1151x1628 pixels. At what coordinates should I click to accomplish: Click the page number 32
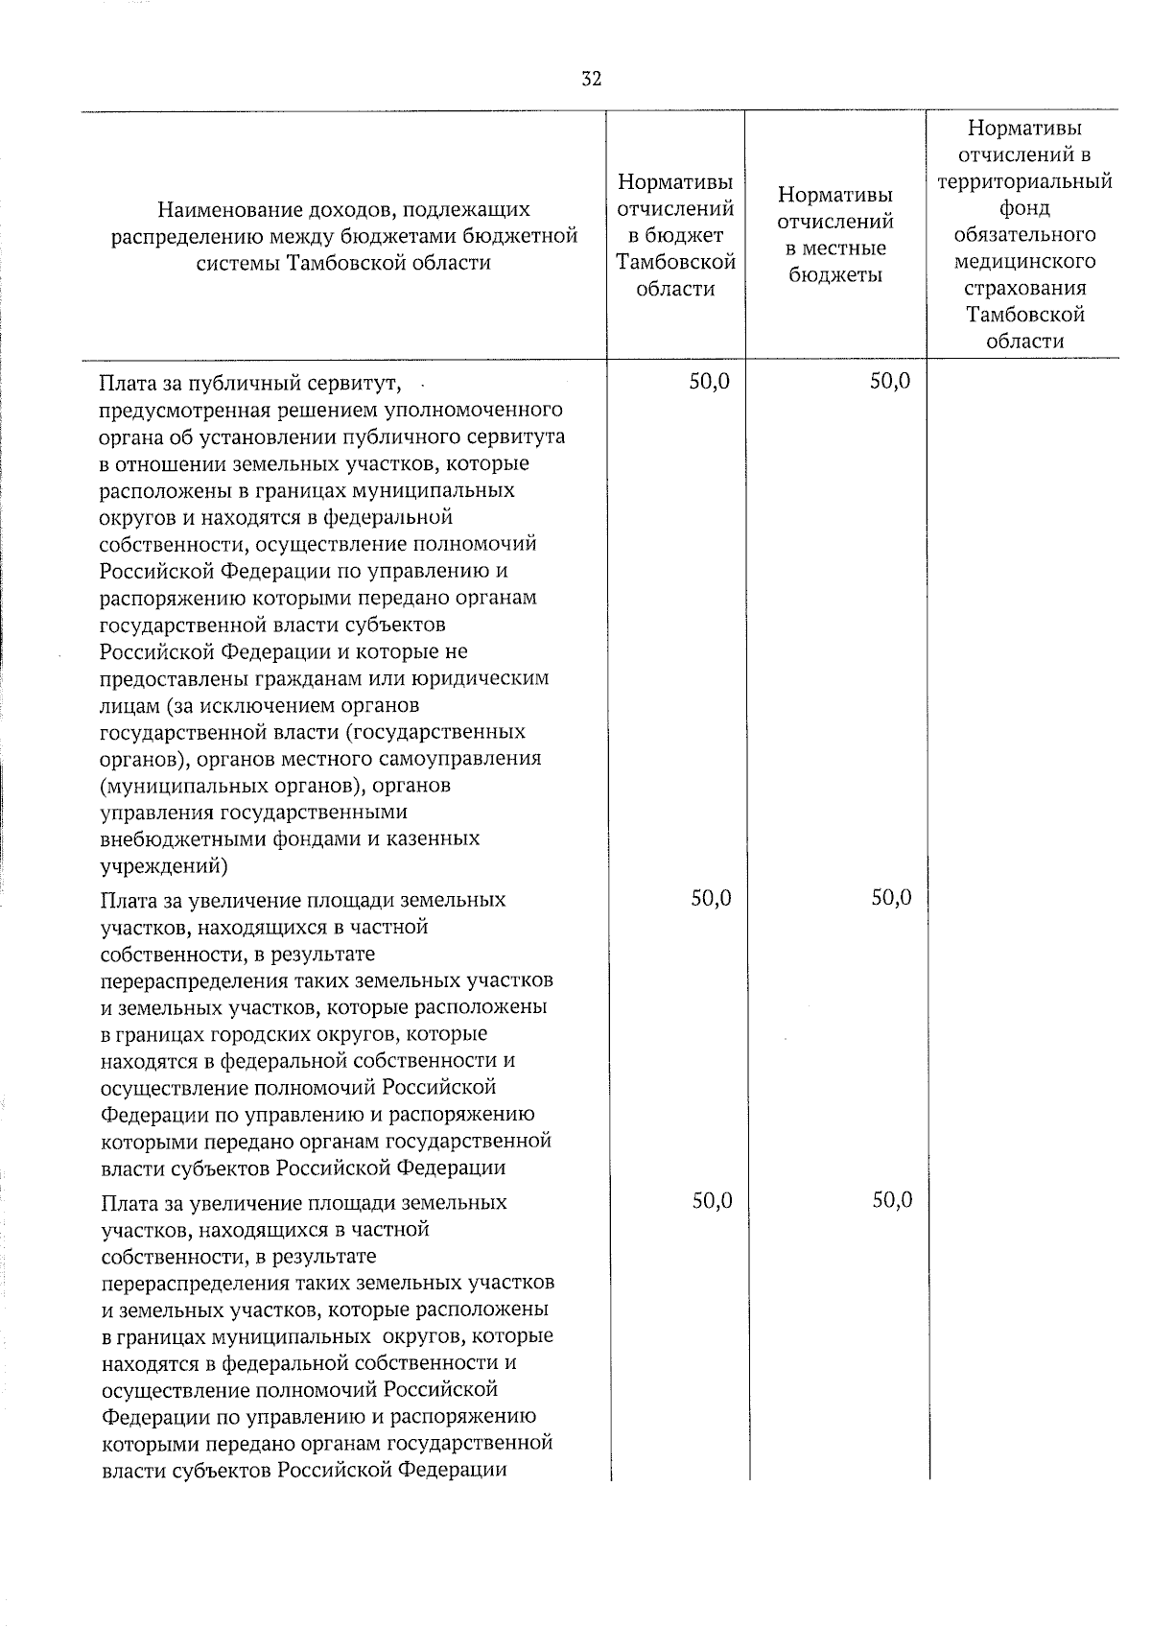591,80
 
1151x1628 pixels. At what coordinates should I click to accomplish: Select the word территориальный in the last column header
1024,181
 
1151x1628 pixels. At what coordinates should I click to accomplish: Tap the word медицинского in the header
1024,262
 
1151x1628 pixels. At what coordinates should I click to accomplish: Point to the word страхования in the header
1024,288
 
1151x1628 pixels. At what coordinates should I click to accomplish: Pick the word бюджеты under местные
834,275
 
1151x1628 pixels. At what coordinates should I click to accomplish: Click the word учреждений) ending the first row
163,866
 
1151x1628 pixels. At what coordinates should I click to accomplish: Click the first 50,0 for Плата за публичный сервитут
710,381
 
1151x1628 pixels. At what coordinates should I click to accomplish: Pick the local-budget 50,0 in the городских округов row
891,898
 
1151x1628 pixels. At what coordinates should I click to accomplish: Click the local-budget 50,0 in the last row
892,1200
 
